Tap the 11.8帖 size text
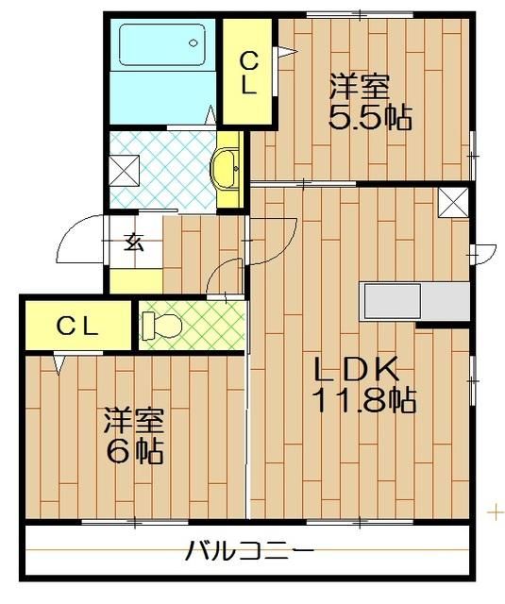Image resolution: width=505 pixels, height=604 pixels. coord(363,401)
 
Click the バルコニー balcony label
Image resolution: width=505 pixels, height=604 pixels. coord(249,549)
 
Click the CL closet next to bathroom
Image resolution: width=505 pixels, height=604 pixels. coord(247,74)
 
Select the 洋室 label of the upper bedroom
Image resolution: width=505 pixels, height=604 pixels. coord(359,88)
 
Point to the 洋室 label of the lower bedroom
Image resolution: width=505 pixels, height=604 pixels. coord(131,419)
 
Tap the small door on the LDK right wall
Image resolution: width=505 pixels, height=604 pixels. coord(484,251)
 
